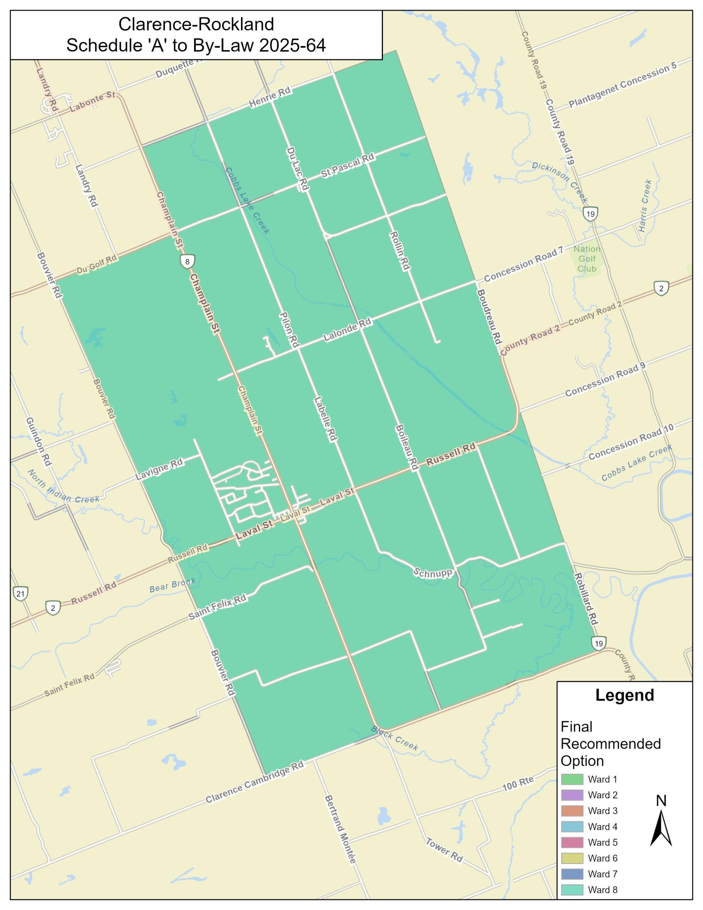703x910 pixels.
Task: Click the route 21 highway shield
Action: [x=21, y=593]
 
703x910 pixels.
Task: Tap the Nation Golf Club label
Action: [x=587, y=259]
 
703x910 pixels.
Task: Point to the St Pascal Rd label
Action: [x=347, y=166]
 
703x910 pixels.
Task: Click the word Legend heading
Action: [x=624, y=695]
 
